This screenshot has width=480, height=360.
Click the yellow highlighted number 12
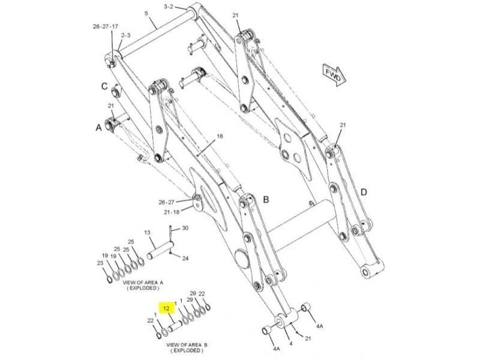[166, 308]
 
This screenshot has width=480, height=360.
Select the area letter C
[104, 86]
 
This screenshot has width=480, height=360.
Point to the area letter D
[364, 192]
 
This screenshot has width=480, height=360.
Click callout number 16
[220, 136]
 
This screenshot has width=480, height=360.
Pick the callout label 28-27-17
[106, 26]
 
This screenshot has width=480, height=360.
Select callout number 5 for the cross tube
[146, 13]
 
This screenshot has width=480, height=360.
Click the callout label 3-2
[169, 6]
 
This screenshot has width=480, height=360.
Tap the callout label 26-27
[166, 202]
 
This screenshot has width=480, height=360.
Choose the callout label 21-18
[171, 212]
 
